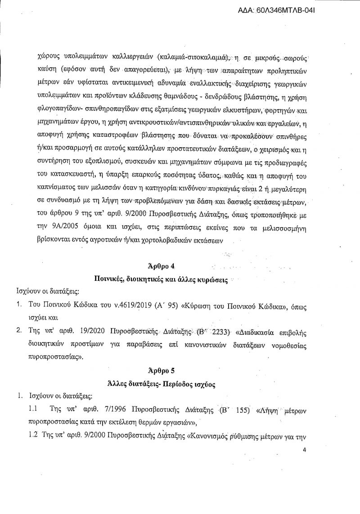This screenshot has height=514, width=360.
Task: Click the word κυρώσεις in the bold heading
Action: click(211, 282)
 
